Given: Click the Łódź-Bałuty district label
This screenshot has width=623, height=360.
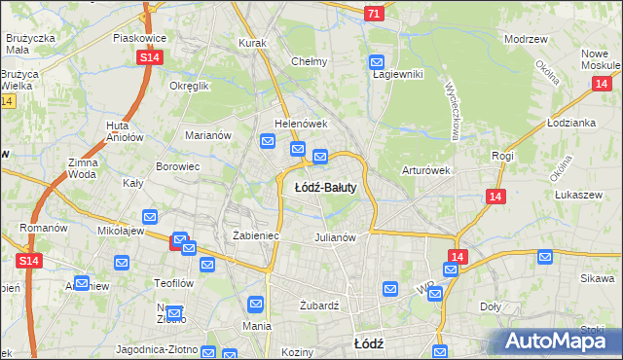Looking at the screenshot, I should click(325, 187).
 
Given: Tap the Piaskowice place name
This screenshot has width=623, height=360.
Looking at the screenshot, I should click(140, 38).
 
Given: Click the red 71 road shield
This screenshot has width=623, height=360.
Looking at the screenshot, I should click(374, 14).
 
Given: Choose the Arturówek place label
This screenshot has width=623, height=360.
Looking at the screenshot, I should click(425, 170).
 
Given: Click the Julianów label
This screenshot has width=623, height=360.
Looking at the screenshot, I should click(339, 236).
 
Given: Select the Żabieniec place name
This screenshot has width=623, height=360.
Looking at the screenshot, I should click(257, 235).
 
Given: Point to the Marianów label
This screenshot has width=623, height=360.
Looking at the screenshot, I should click(208, 135).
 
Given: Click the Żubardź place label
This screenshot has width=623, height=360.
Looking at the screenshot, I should click(318, 305).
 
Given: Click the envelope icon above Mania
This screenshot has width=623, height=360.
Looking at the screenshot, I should click(255, 305).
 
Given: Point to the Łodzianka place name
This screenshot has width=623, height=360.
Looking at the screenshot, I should click(571, 124).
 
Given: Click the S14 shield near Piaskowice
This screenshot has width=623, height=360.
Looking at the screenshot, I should click(149, 58).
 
